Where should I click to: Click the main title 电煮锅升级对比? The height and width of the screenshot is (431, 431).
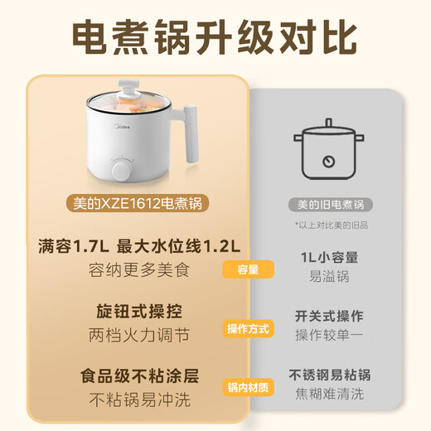coord(215,37)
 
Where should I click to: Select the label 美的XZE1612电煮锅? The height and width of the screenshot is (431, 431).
coord(139,203)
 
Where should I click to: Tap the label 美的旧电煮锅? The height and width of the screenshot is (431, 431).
coord(331,204)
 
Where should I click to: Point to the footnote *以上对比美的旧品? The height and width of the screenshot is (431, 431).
coord(329,225)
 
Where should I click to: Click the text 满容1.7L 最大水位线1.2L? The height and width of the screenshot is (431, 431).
coord(139,247)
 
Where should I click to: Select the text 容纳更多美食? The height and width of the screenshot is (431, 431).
coord(139,269)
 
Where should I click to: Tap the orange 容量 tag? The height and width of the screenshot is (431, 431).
coord(248,269)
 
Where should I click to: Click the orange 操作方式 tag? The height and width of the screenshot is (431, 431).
coord(248,329)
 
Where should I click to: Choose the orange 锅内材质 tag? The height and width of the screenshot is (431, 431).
coord(248,388)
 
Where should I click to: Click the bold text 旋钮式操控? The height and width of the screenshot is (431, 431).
coord(139,312)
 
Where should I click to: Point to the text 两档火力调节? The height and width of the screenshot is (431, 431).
coord(139,336)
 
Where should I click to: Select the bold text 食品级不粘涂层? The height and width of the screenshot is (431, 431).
coord(139,375)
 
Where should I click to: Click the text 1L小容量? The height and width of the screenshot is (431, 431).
coord(329,258)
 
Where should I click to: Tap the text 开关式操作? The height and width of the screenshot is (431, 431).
coord(329,317)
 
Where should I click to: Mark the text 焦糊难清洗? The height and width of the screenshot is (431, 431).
coord(329,395)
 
